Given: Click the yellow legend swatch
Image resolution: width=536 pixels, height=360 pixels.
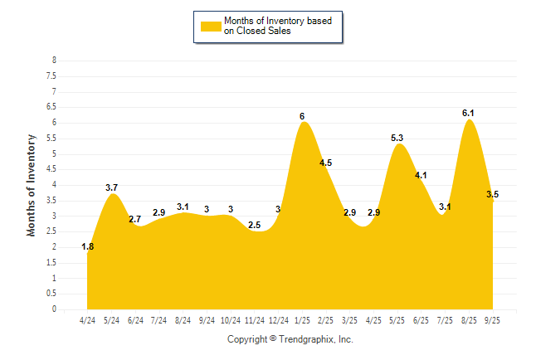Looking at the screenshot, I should (x=212, y=27).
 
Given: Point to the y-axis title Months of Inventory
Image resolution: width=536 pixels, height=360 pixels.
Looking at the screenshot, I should (x=32, y=185).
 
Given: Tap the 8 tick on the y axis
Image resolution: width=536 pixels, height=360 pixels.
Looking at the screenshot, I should (x=54, y=61).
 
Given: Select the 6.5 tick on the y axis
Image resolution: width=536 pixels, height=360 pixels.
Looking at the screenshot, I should (x=51, y=107).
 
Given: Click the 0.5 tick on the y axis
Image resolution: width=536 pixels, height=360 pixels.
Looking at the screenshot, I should (x=51, y=294).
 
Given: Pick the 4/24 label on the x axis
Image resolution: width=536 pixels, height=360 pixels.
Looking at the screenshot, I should (x=87, y=319).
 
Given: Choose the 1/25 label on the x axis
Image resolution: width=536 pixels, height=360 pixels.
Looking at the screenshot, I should (x=302, y=319).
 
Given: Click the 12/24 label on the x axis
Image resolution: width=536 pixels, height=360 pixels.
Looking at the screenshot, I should (x=278, y=319).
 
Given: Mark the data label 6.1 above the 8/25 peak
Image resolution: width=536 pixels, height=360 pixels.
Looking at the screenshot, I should (x=468, y=113).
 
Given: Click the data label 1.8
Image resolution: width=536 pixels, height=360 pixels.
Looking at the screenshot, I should (x=87, y=246).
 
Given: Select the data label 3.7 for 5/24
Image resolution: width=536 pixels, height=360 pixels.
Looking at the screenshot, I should (x=112, y=187).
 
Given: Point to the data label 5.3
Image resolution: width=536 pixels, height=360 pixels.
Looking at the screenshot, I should (x=397, y=138).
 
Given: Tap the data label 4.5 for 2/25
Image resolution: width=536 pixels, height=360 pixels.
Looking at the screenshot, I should (x=325, y=163).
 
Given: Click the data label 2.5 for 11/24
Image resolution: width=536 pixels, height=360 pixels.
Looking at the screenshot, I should (x=255, y=225).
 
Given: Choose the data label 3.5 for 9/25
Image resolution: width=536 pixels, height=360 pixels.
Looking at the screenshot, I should (x=492, y=194).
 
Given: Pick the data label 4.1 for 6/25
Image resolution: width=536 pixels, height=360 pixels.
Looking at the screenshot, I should (x=421, y=175).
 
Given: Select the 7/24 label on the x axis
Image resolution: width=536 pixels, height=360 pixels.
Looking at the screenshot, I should (x=158, y=319).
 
